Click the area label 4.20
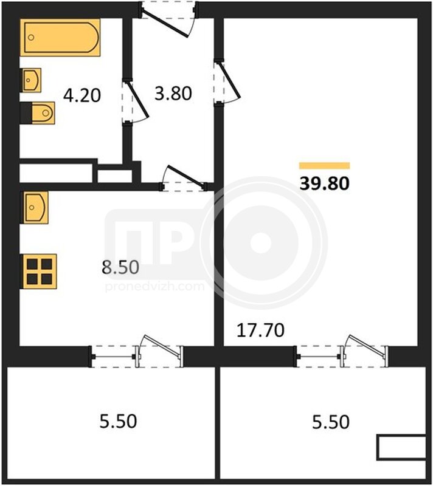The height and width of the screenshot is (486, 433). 82,95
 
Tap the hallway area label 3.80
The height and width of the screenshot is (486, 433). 173,94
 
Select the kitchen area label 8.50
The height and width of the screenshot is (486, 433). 120,267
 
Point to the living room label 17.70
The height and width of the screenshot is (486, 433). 260,330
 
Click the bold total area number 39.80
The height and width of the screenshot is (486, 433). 324,183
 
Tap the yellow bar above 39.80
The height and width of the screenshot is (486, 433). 324,166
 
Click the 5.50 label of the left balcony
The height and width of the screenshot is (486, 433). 118,421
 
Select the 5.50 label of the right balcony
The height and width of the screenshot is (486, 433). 331,422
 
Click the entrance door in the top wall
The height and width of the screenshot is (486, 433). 168,19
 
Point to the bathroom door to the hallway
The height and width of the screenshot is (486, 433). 135,101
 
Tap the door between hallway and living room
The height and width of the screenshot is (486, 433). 227,82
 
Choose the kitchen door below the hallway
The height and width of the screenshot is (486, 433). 184,179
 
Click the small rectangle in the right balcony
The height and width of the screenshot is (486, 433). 401,447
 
